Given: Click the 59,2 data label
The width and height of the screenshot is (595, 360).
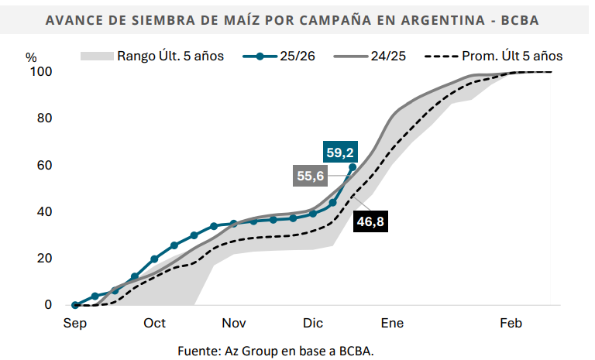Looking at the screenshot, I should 340,153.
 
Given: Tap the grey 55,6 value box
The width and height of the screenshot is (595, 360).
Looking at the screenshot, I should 310,177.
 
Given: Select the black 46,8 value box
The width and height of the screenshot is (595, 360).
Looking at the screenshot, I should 370,222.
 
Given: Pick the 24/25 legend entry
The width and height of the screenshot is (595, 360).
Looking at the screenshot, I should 370,56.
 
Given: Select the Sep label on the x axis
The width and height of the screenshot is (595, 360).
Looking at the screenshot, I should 74,324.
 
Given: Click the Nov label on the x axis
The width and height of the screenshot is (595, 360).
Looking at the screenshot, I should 234,324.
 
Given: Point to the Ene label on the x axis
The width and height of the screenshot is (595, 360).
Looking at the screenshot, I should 392,324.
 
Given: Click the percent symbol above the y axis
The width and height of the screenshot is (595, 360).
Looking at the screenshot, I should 31,57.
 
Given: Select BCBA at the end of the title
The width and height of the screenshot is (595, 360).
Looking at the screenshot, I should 529,19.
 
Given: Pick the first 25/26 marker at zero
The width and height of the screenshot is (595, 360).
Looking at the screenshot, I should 75,305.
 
